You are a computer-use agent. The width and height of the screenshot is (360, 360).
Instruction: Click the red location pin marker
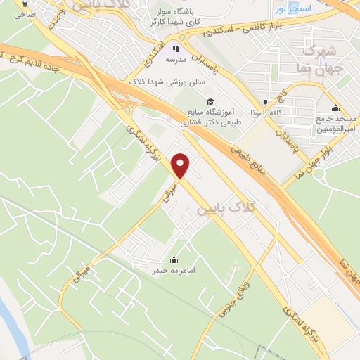pos(181,166)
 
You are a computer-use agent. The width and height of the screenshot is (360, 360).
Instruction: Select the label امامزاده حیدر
pos(166,269)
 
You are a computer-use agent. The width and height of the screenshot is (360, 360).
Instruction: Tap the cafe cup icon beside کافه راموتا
pos(264,101)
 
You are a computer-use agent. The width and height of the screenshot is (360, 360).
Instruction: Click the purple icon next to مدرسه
pos(175,49)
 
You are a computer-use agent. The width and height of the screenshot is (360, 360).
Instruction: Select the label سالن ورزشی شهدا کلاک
pos(167,82)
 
